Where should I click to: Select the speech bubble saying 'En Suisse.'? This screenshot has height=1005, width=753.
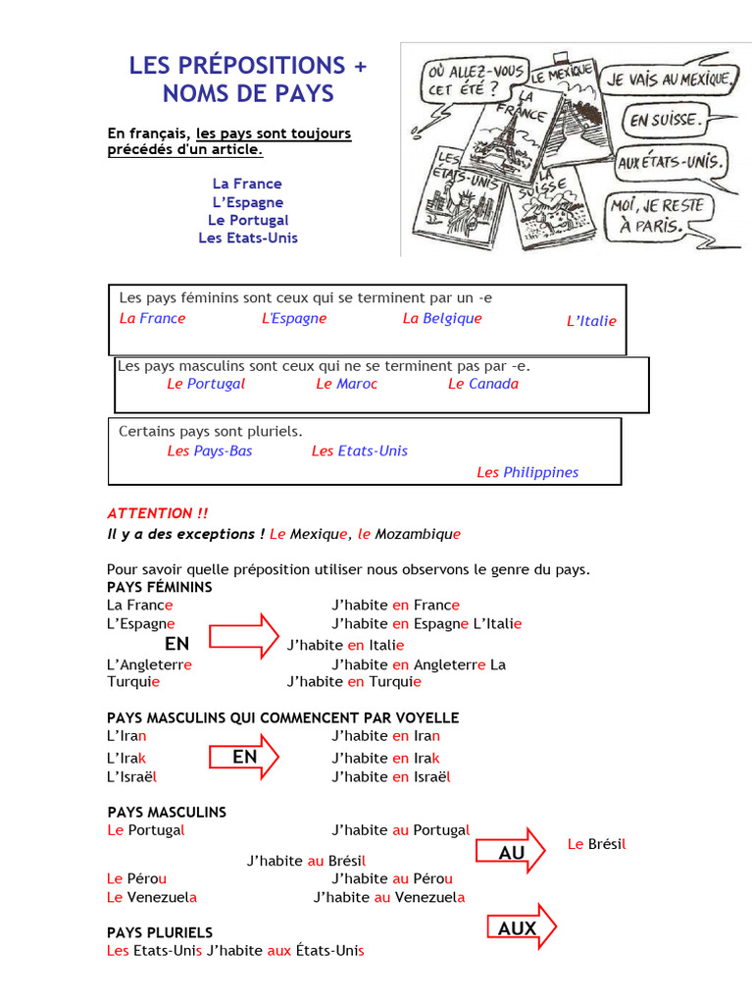coord(667,122)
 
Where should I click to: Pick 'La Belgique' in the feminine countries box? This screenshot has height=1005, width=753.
coord(442,318)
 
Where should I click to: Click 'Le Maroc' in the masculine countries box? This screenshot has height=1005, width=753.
coord(346,384)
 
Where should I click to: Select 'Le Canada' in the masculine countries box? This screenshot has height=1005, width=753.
coord(483,384)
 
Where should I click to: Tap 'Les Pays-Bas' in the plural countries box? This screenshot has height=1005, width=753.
coord(210,450)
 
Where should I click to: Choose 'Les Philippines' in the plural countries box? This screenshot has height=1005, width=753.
coord(527,472)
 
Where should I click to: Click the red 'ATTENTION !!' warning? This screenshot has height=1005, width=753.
coord(157,513)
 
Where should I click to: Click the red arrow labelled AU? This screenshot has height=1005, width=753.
coord(516,852)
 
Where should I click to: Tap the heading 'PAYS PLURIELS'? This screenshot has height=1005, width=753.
coord(160,932)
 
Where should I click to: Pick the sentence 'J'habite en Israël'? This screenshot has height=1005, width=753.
coord(391,776)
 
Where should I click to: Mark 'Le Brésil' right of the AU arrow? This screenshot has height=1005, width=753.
coord(596,844)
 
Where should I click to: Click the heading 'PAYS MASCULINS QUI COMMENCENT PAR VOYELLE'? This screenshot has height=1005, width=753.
coord(282,718)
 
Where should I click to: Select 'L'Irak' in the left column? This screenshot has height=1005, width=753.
coord(126,758)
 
